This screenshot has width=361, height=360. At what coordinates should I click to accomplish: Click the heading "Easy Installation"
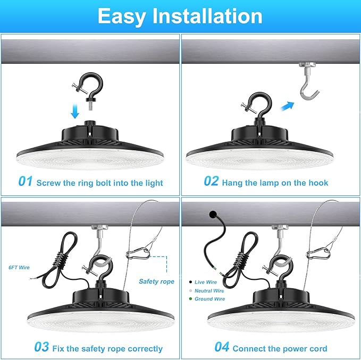point(180,16)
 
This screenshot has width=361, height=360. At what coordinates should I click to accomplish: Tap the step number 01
point(26,181)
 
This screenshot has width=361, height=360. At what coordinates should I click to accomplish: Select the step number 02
point(211,181)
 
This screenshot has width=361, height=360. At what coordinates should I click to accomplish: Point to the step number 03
point(41,347)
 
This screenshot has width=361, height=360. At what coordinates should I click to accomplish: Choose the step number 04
point(222,347)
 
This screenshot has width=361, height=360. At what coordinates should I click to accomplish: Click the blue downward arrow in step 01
point(75,112)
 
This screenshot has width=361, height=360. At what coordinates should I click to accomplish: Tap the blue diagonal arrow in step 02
point(288,106)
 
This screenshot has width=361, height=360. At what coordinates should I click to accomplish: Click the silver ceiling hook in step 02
point(308,81)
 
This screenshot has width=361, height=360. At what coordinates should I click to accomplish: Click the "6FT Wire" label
point(19,268)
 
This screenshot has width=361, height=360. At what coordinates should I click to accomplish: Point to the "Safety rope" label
point(156,281)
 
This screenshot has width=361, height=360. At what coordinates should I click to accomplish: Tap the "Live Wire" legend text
point(206,282)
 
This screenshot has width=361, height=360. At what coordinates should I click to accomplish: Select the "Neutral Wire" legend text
point(209,291)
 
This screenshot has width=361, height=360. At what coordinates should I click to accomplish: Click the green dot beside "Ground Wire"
point(190,299)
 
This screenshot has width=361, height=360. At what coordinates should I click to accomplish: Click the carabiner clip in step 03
point(138,254)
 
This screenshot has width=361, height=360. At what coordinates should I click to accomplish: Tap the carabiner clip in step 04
point(318,254)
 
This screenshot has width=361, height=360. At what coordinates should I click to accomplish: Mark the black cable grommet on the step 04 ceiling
point(213,215)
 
